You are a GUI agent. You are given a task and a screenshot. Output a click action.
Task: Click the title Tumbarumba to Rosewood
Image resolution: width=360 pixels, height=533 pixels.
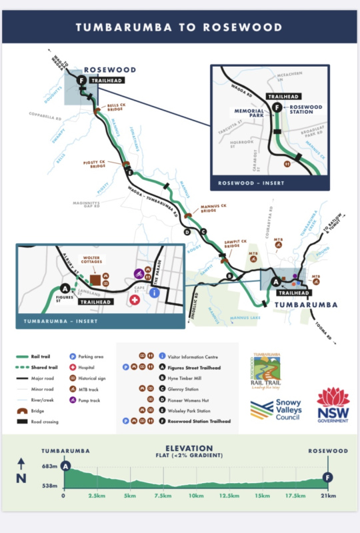coord(180,27)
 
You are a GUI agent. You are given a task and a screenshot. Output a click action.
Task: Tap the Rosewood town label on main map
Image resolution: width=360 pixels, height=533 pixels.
coord(109,69)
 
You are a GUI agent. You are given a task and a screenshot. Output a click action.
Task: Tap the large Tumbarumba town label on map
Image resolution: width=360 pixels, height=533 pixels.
coord(306,304)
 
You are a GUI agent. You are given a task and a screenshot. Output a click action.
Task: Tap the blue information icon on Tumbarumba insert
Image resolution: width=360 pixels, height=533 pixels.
coord(154,292)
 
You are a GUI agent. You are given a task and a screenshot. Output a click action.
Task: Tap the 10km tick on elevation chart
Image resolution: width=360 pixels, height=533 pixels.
coord(195,496)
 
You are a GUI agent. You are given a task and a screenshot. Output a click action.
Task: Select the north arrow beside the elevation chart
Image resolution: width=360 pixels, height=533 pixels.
coord(21,470)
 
